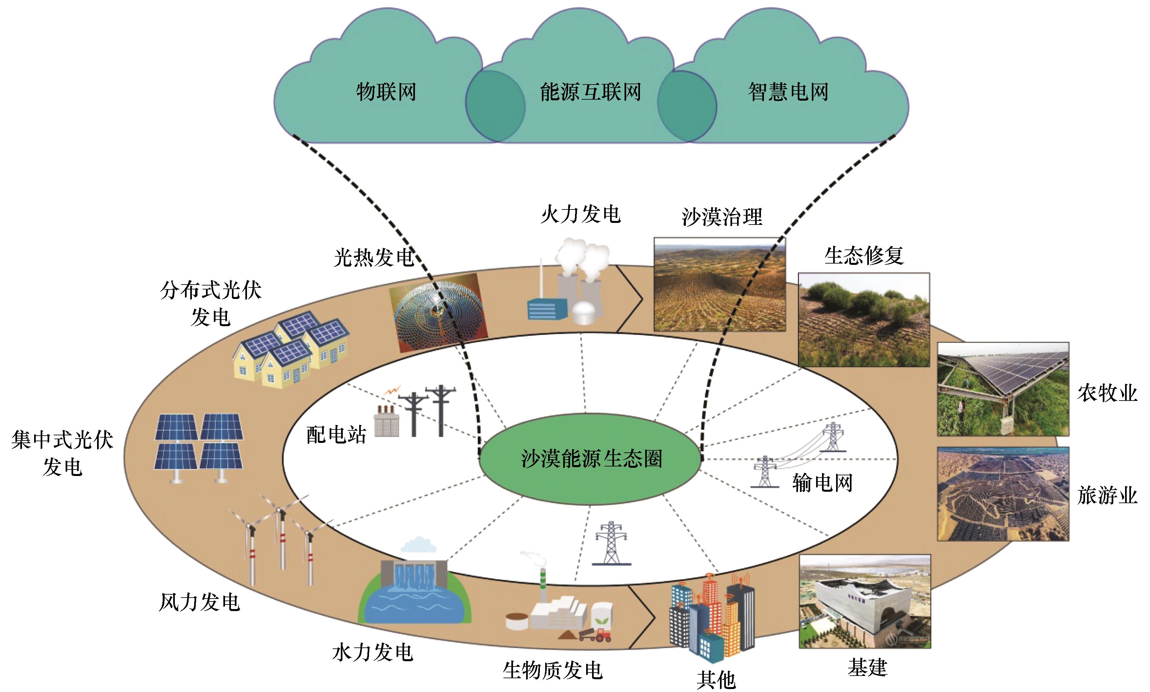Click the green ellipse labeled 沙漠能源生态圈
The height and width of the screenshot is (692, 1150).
[591, 458]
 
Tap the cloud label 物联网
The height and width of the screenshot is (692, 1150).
[386, 92]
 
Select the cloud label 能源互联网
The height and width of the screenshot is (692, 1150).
[590, 92]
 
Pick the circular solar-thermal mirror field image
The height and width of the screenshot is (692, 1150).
[439, 312]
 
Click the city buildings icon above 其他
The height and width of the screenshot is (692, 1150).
[712, 616]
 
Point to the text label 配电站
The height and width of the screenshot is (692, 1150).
[336, 435]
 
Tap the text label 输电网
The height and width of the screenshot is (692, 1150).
[822, 483]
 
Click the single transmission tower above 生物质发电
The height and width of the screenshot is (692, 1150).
[611, 543]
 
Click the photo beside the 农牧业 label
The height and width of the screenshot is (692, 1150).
[1003, 389]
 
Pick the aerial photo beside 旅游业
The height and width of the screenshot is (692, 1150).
[1003, 494]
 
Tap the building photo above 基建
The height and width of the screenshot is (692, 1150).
[865, 602]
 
